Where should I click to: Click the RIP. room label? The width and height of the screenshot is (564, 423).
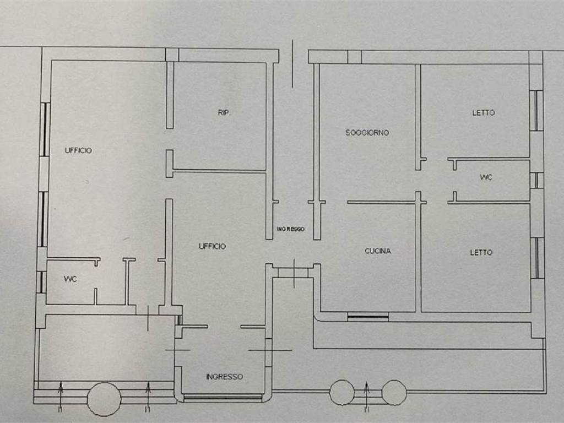(224, 112)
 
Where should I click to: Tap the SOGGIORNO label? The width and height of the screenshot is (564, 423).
(367, 133)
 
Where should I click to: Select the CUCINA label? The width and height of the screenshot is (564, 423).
(378, 251)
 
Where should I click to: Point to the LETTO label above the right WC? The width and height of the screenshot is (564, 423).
(484, 113)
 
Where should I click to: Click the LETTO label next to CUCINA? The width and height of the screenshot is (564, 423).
(481, 252)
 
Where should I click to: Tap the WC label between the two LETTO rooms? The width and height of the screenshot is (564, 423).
(486, 177)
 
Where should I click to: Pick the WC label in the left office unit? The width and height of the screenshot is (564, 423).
(70, 279)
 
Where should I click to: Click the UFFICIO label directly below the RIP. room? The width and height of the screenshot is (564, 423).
(212, 246)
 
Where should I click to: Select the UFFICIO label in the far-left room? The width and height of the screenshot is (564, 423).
(78, 151)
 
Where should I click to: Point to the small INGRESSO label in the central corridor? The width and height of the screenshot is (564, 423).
(291, 229)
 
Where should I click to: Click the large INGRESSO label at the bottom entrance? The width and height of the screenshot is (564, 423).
(225, 377)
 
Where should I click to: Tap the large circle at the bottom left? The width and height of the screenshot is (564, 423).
(104, 399)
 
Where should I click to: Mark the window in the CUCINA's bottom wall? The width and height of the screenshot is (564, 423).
(368, 317)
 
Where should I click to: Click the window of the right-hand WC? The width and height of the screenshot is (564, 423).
(536, 181)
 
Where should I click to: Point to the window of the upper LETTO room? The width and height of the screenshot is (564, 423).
(536, 110)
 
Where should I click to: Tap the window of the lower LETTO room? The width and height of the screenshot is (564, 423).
(537, 258)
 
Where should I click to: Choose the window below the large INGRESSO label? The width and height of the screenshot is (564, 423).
(223, 398)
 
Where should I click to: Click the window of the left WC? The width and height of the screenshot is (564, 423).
(42, 283)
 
